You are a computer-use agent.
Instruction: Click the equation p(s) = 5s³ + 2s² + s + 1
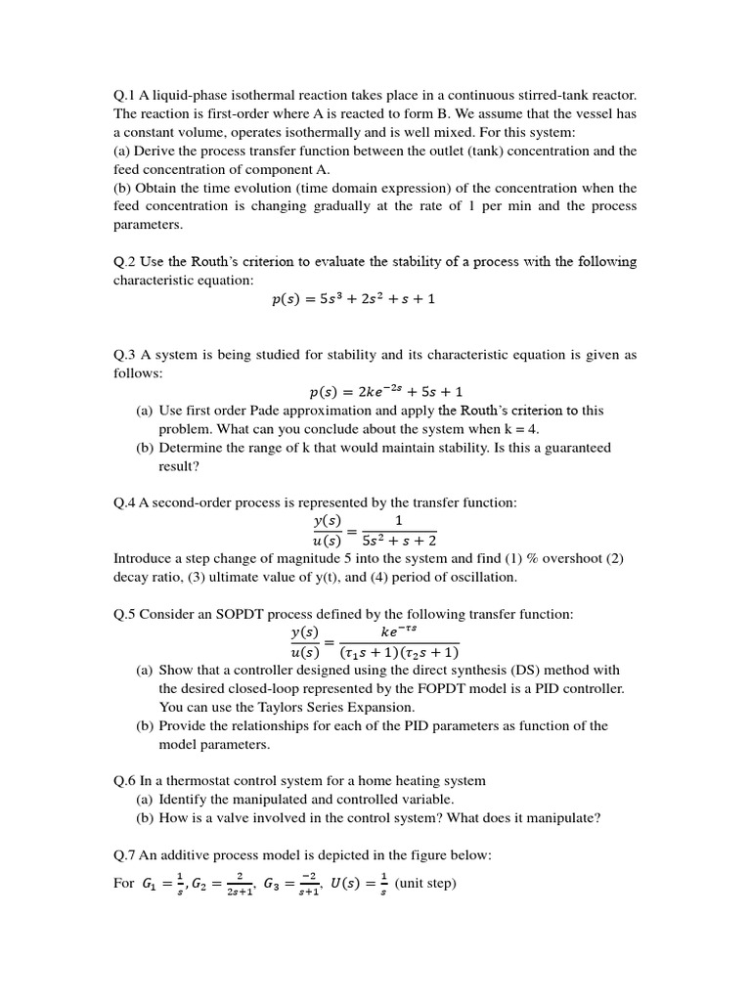point(353,299)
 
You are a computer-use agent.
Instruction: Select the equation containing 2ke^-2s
point(386,392)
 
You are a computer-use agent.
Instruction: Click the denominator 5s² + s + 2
point(399,540)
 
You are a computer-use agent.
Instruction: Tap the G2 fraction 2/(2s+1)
point(240,884)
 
